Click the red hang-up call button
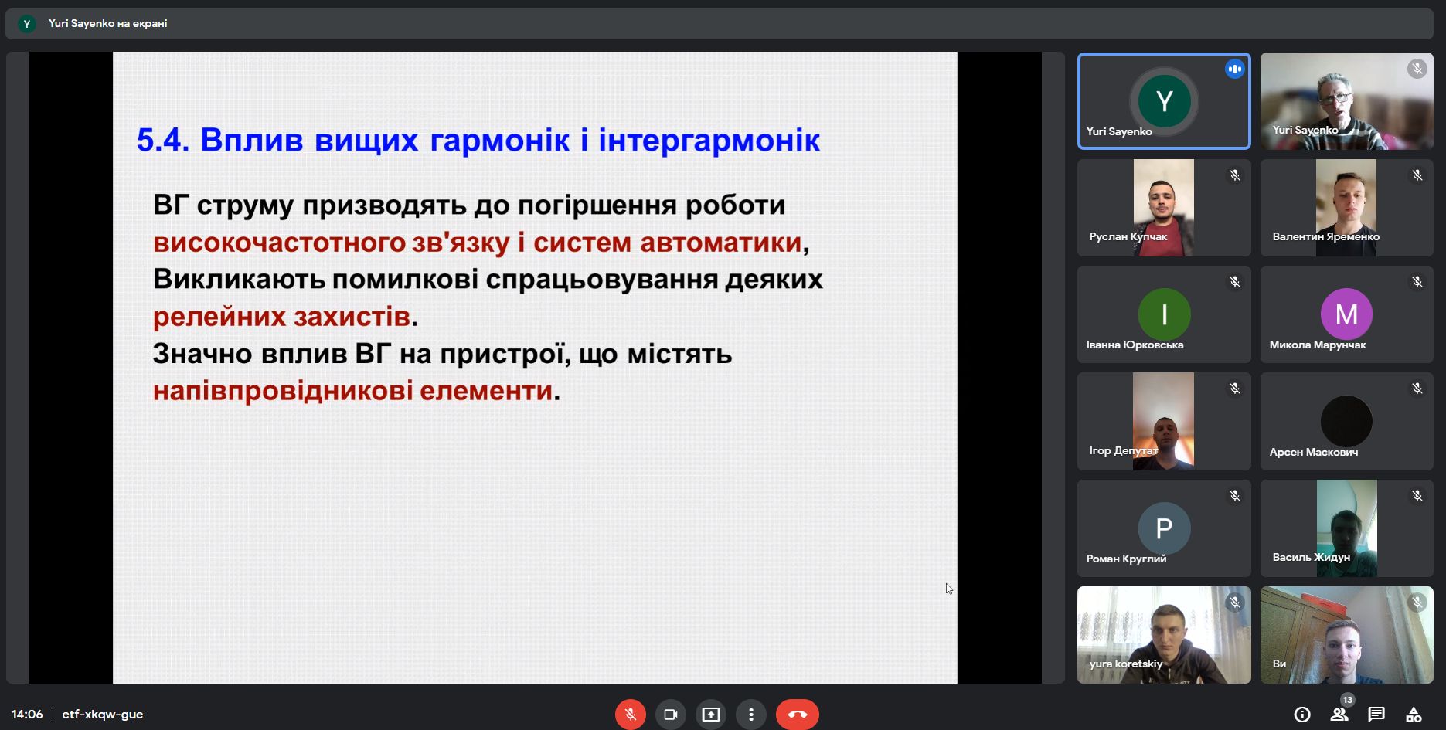tap(797, 715)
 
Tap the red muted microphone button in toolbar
tap(631, 715)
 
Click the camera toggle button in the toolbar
tap(671, 715)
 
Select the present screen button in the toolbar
tap(711, 715)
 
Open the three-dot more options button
tap(751, 715)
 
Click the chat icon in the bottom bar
tap(1376, 715)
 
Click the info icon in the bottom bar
tap(1302, 715)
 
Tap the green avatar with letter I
tap(1164, 314)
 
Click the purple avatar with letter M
tap(1346, 314)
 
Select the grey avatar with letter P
tap(1164, 528)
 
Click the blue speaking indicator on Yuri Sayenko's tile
tap(1234, 70)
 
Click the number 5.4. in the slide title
tap(162, 141)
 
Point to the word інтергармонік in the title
tap(709, 141)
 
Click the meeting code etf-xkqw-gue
tap(103, 715)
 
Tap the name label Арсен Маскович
tap(1313, 452)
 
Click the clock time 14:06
tap(27, 715)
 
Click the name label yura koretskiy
tap(1125, 664)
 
